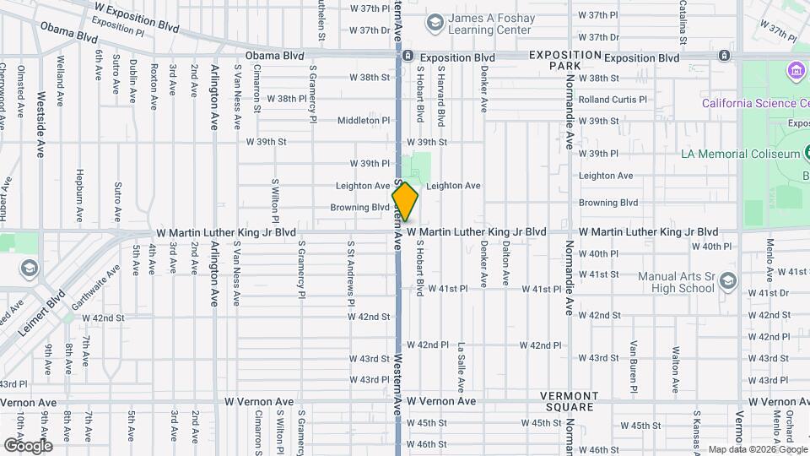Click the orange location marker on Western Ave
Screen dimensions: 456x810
(x=405, y=202)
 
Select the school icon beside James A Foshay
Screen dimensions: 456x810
(x=435, y=22)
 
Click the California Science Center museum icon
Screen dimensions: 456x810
(x=795, y=69)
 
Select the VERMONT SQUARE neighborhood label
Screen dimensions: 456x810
(x=570, y=402)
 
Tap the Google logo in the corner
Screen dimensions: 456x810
(x=28, y=445)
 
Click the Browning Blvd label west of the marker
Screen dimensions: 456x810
(x=359, y=207)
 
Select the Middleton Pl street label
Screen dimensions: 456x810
(x=364, y=121)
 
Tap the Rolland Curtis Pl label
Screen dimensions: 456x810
(x=613, y=100)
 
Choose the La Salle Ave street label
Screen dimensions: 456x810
(x=462, y=367)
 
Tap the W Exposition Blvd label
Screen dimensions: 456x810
(x=138, y=17)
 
